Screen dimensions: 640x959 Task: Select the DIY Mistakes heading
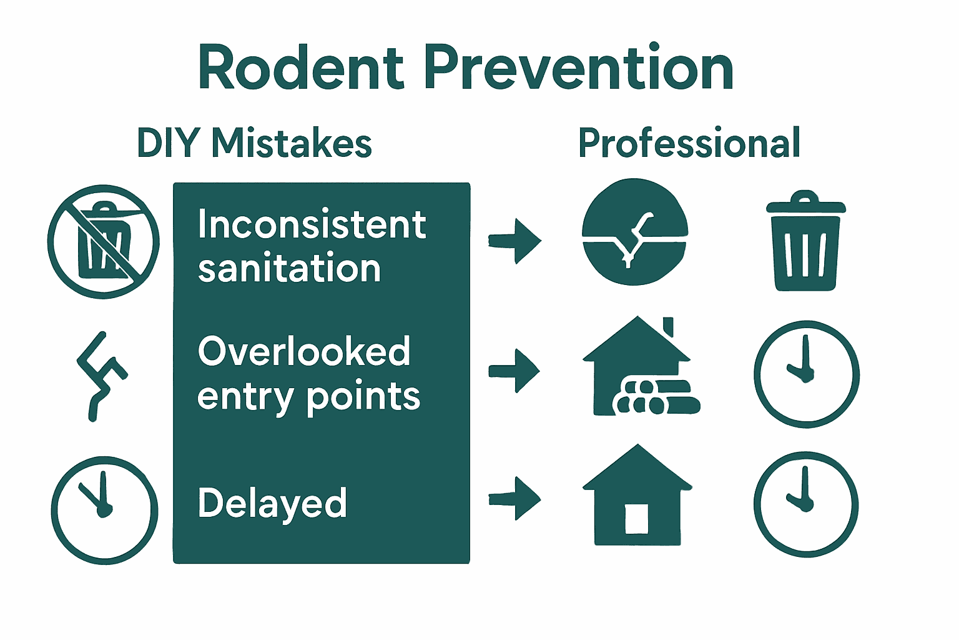[x=254, y=143]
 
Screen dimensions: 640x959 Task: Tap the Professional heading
[x=689, y=143]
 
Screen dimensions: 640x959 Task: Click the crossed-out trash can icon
[x=104, y=241]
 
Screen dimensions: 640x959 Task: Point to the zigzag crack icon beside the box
[x=102, y=375]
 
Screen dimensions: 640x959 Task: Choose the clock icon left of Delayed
[x=104, y=510]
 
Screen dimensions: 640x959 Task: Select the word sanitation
[x=289, y=269]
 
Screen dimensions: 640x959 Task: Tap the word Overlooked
[x=304, y=351]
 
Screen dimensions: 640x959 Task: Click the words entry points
[x=308, y=397]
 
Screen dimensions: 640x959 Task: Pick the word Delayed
[x=272, y=504]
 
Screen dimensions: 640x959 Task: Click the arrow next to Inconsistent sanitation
[x=515, y=241]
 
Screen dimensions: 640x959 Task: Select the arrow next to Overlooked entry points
[x=514, y=371]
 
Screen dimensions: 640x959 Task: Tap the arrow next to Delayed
[x=515, y=498]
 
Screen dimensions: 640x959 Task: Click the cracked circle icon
[x=634, y=232]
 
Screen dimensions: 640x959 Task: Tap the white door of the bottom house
[x=636, y=519]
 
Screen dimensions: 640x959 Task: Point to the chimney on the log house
[x=668, y=327]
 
